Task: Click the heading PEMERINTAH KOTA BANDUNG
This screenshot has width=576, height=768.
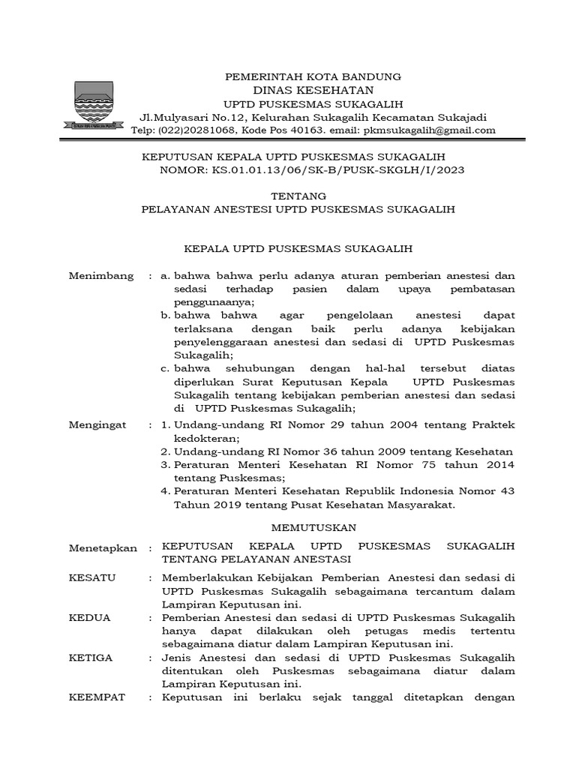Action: [313, 76]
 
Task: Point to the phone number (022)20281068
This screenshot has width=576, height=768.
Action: [196, 130]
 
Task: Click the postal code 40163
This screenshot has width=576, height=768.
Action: [304, 130]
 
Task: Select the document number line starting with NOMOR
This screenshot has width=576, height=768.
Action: [313, 170]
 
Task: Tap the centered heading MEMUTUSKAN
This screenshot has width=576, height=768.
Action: [314, 527]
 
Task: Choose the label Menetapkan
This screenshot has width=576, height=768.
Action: [103, 547]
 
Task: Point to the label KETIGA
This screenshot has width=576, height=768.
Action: [91, 658]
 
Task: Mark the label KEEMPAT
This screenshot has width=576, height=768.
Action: [97, 697]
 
